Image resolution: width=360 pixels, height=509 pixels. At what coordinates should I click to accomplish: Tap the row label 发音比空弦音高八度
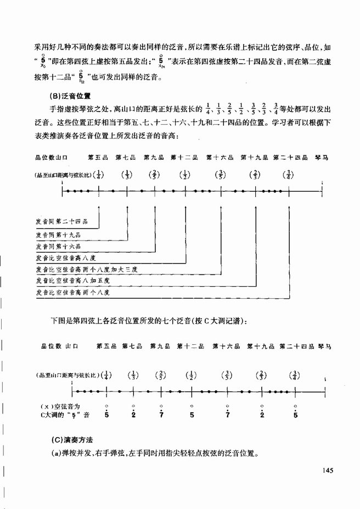[61, 258]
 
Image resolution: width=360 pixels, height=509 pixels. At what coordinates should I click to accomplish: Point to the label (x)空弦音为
[60, 407]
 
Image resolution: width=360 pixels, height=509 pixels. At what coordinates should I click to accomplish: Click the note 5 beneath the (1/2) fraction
[192, 415]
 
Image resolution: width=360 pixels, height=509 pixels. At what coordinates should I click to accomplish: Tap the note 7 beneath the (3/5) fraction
[227, 415]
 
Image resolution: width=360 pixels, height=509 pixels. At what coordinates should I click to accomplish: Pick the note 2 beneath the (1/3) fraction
[133, 415]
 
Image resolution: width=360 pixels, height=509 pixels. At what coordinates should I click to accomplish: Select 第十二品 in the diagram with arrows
[184, 158]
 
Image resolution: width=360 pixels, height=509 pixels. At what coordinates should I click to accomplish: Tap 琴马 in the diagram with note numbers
[324, 347]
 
